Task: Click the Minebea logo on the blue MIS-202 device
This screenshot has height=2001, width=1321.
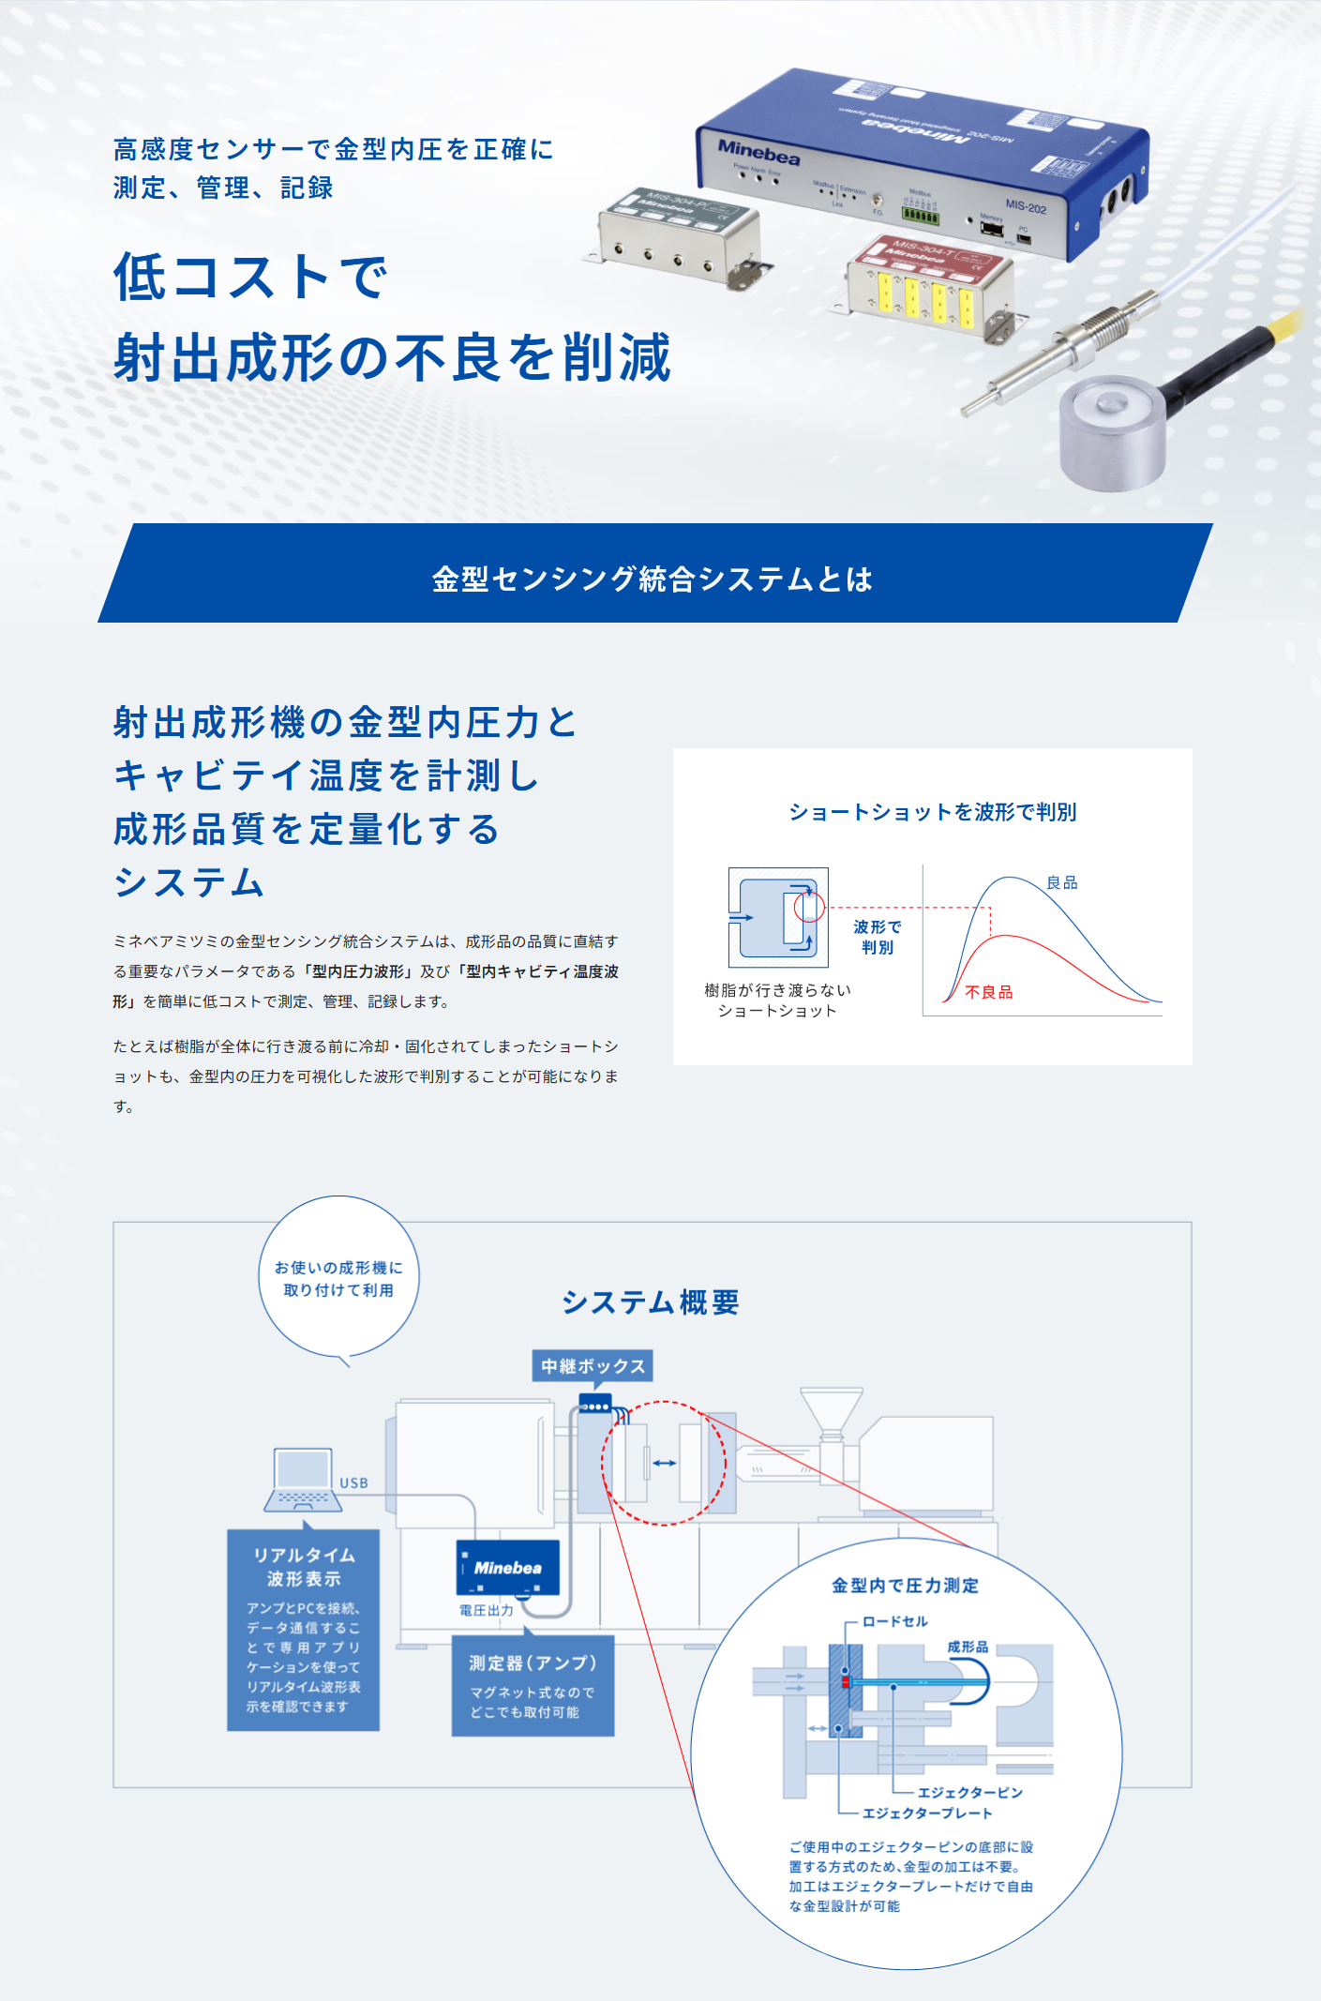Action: [758, 152]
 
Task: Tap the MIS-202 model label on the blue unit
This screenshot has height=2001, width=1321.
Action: [1026, 207]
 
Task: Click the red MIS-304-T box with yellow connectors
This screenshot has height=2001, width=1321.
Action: [928, 286]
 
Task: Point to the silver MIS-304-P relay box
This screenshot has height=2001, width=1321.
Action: [680, 234]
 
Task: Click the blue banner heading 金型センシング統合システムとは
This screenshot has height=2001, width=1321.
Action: [653, 579]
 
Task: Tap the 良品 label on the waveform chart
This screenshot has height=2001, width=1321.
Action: [1062, 882]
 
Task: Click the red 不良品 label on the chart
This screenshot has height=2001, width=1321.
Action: [989, 992]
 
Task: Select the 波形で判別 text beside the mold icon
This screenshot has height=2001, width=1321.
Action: [877, 937]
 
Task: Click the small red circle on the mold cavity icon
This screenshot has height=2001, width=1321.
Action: [809, 907]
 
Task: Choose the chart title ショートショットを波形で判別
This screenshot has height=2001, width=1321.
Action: [932, 812]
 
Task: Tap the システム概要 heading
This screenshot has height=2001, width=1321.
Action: [651, 1302]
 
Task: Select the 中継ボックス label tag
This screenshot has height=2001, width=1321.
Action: [593, 1366]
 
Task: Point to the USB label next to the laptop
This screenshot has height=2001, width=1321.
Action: [353, 1482]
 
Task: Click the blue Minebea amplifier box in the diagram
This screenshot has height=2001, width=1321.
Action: [507, 1568]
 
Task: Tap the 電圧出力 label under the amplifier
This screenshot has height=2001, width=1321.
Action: [487, 1610]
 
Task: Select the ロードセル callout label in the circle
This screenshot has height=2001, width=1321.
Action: [894, 1621]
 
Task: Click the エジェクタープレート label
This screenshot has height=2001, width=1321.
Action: [926, 1813]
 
